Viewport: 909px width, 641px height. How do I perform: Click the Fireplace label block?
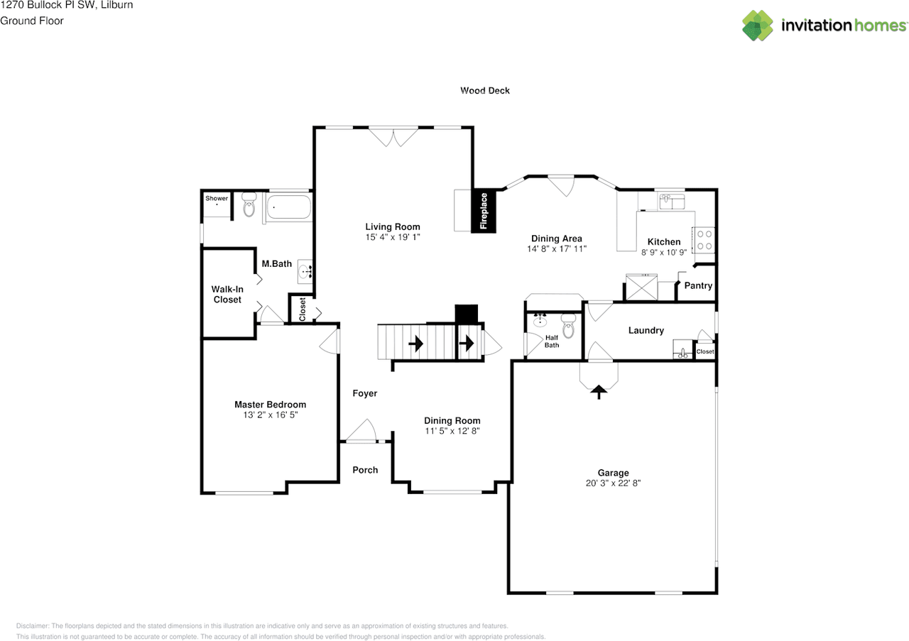click(484, 211)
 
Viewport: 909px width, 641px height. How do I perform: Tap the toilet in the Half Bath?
click(569, 326)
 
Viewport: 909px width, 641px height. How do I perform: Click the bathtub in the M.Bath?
click(289, 207)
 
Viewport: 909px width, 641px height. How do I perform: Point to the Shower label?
click(217, 198)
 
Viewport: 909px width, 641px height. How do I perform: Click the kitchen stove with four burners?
click(704, 240)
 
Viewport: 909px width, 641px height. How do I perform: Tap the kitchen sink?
click(672, 201)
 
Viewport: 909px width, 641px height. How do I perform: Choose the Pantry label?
click(698, 285)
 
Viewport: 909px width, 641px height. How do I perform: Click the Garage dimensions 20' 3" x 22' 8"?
click(613, 483)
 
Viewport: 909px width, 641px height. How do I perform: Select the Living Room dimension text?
click(393, 237)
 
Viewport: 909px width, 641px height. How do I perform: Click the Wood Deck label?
click(485, 90)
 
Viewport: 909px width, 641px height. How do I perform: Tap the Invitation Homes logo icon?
click(758, 26)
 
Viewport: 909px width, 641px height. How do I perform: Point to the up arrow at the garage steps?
click(599, 393)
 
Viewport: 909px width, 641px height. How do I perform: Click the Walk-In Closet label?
click(227, 295)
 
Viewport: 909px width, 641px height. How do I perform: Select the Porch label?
click(365, 470)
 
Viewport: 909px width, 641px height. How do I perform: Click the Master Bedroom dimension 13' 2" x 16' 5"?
click(271, 415)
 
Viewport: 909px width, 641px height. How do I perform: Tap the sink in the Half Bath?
click(540, 320)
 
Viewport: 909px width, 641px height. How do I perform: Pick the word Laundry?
click(646, 331)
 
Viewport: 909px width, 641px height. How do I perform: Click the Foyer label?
click(365, 393)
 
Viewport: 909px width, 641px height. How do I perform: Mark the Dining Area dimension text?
click(557, 248)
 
